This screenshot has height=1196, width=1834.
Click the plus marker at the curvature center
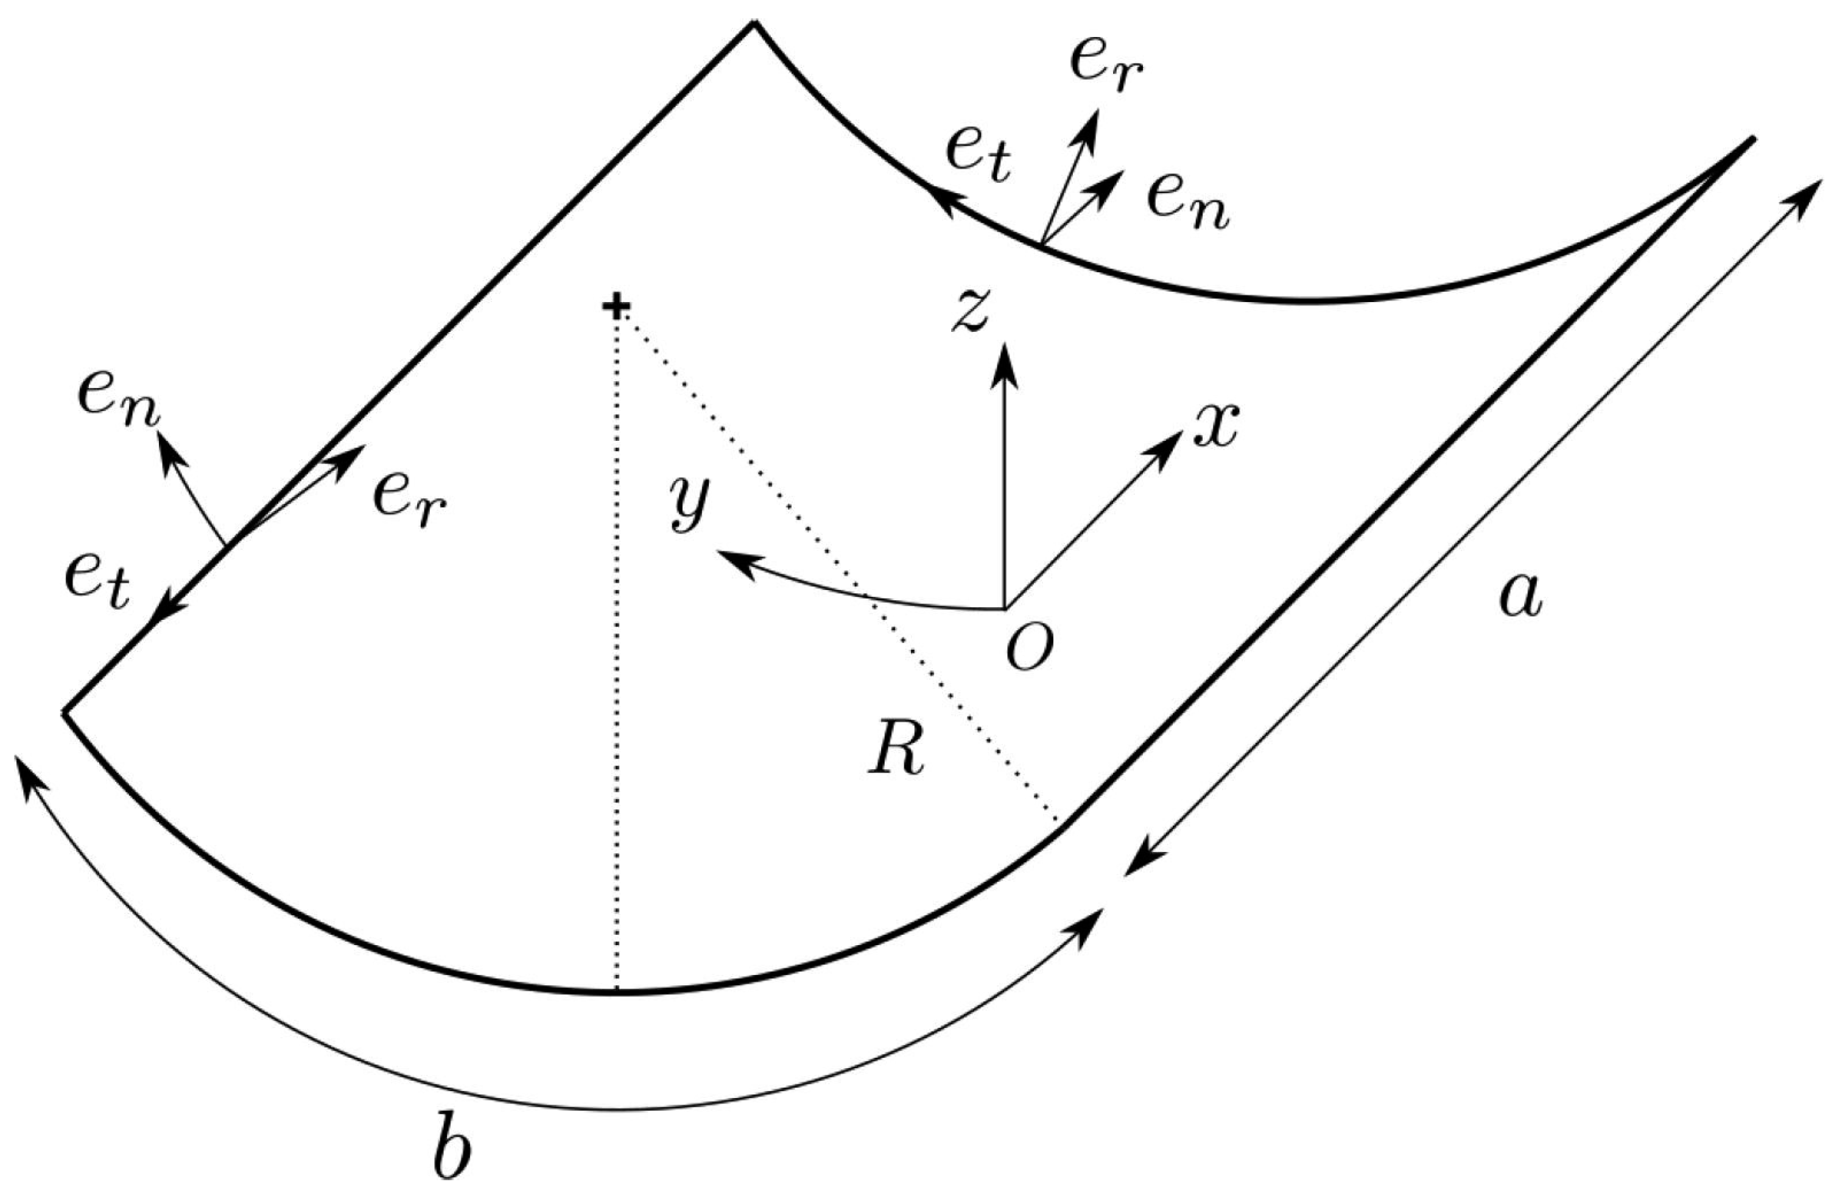[x=616, y=308]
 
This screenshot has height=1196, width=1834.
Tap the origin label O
[x=1028, y=650]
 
